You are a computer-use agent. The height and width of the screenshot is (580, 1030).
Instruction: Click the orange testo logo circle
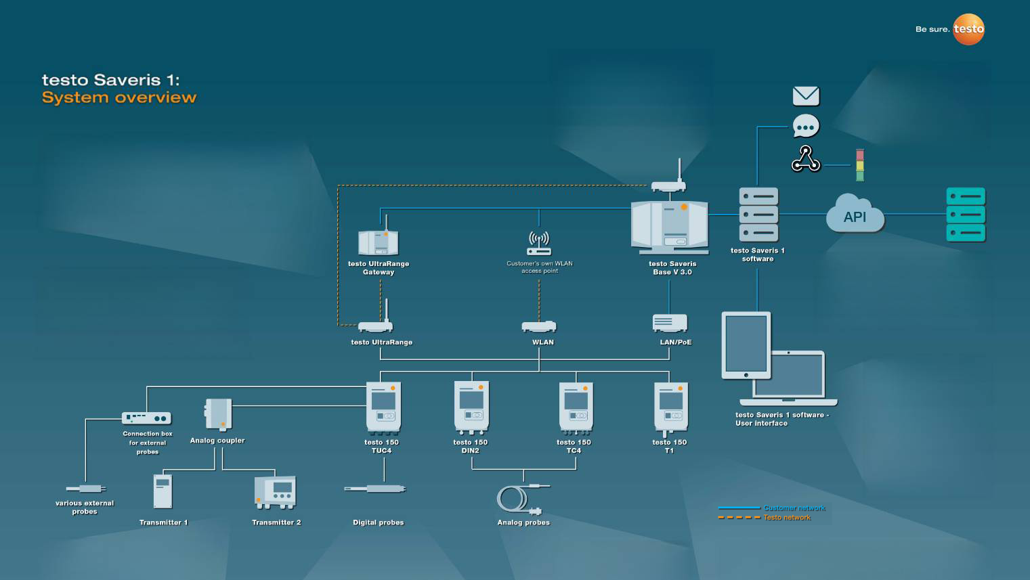click(x=968, y=29)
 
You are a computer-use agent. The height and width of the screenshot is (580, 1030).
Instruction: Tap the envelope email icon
click(x=806, y=96)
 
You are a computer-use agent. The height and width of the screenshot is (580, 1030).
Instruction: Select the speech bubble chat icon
click(x=806, y=126)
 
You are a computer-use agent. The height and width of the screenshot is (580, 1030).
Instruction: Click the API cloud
click(x=855, y=215)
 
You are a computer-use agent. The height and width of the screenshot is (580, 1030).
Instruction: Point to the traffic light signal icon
click(x=860, y=165)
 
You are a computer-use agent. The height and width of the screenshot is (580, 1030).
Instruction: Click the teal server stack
click(x=965, y=215)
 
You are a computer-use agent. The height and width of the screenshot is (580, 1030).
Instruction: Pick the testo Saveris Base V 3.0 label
click(x=672, y=268)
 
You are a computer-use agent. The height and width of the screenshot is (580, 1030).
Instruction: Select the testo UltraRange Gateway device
click(x=378, y=242)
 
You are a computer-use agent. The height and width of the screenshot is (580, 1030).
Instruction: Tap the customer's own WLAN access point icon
click(x=539, y=243)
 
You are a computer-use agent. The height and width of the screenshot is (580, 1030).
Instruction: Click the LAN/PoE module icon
click(x=670, y=323)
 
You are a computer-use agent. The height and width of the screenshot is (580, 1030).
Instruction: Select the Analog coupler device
click(x=219, y=414)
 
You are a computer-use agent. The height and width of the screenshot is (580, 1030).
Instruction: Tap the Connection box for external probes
click(x=146, y=418)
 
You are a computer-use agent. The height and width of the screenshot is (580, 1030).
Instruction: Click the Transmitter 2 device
click(x=275, y=492)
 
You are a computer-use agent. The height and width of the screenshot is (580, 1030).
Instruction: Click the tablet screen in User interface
click(x=746, y=343)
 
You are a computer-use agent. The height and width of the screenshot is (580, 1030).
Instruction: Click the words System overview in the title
click(x=119, y=97)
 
